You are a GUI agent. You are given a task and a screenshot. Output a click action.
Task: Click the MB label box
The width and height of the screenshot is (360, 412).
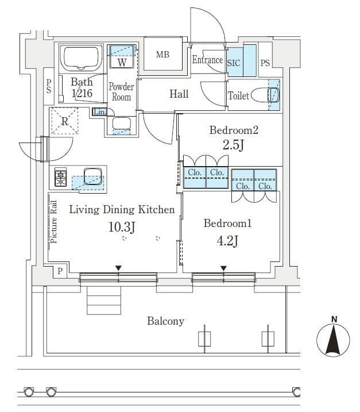(x=162, y=55)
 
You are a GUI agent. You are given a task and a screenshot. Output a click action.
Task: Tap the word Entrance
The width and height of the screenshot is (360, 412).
(x=207, y=60)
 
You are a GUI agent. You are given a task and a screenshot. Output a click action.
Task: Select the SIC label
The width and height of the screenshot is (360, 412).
(x=234, y=63)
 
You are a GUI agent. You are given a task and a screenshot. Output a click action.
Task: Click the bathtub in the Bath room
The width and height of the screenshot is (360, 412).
(x=82, y=58)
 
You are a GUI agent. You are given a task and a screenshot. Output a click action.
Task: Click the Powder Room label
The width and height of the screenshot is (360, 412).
(x=121, y=92)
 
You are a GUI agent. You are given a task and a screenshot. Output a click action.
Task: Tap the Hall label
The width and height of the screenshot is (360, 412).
(x=179, y=94)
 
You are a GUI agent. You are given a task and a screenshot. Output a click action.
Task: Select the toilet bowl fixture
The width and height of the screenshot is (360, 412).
(x=268, y=95)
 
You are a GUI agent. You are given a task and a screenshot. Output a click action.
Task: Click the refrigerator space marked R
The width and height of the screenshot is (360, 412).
(x=65, y=121)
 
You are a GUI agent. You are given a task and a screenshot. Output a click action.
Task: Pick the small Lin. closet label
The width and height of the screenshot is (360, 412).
(x=99, y=112)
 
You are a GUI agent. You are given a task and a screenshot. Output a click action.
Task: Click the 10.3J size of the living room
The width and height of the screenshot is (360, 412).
(x=122, y=227)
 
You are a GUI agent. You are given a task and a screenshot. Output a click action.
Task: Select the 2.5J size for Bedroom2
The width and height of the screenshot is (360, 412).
(x=233, y=145)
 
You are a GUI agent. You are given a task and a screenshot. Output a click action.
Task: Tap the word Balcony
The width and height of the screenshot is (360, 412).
(x=165, y=321)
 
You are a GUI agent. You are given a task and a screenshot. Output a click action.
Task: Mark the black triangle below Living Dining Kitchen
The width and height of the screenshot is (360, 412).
(x=118, y=268)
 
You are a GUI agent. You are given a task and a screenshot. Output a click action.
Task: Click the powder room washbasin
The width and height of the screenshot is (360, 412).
(x=121, y=124)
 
